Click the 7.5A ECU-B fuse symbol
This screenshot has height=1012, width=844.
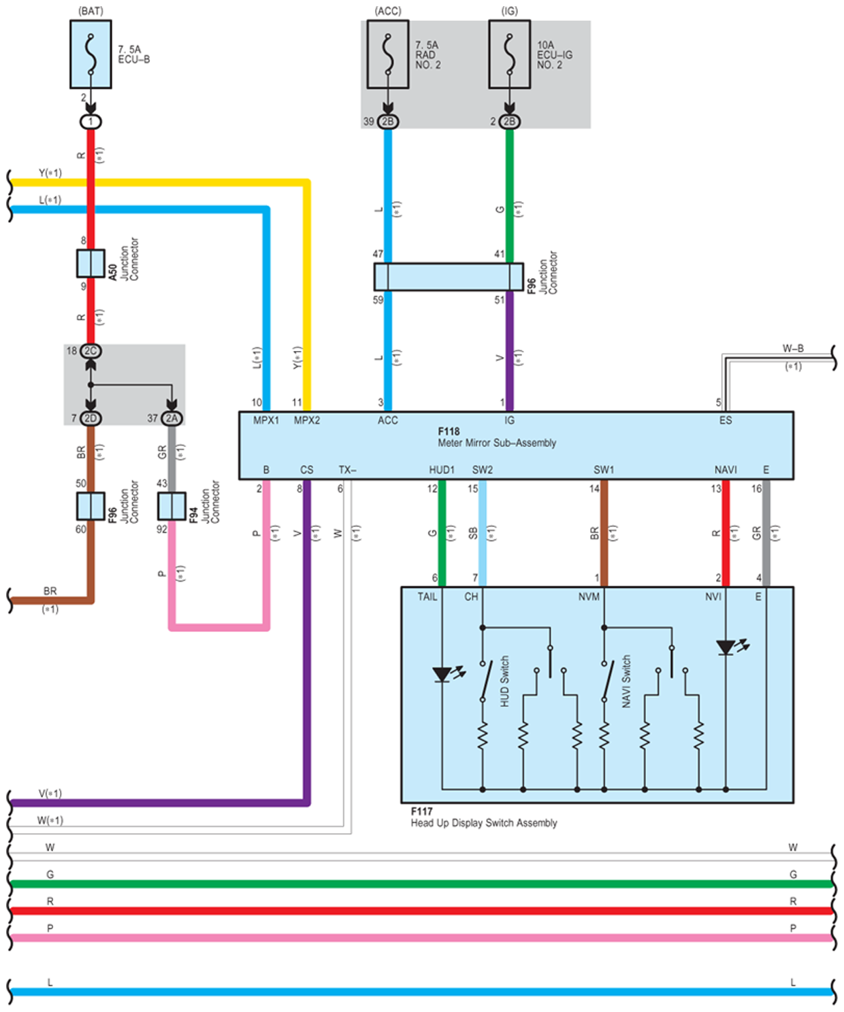tap(91, 54)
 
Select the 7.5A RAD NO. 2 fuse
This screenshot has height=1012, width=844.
tap(388, 54)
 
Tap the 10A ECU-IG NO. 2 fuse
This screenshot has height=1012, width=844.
tap(509, 54)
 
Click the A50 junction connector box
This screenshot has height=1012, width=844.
tap(91, 263)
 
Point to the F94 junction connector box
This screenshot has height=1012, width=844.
tap(172, 507)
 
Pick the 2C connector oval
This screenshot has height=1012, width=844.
tap(91, 351)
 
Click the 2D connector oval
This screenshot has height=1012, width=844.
tap(91, 418)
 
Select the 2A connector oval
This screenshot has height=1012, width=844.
tap(172, 418)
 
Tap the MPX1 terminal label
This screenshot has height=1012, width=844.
tap(266, 420)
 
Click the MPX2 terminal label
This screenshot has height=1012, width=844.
tap(307, 420)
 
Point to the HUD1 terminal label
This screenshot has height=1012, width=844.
tap(442, 470)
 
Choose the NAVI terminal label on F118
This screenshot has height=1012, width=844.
tap(726, 470)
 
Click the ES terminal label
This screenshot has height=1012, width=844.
tap(726, 420)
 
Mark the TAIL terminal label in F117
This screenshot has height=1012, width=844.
tap(427, 596)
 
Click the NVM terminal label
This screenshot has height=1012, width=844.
tap(589, 596)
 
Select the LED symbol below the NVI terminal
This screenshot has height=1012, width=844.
tap(727, 647)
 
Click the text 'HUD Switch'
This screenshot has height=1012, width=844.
tap(504, 681)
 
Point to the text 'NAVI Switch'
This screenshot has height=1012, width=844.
tap(626, 681)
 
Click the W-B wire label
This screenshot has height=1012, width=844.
tap(793, 348)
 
